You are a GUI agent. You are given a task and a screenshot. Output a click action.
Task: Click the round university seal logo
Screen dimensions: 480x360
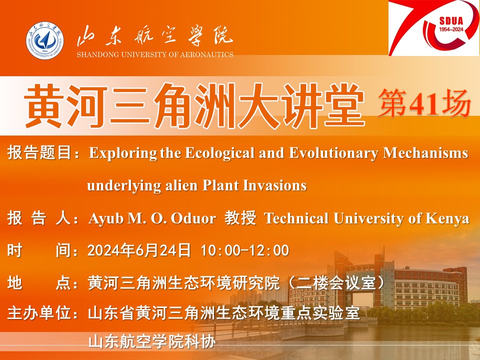tap(44, 40)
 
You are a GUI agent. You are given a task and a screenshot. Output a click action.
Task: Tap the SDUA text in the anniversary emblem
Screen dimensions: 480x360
tap(451, 21)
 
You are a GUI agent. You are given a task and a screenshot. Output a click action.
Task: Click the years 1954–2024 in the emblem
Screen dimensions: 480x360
tap(451, 29)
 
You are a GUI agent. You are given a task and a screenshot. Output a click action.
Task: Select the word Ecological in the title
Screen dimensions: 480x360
tap(220, 153)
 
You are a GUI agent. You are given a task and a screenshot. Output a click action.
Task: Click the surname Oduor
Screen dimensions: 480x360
tap(193, 218)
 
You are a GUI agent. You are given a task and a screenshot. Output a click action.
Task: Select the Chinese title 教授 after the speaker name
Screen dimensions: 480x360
tap(240, 218)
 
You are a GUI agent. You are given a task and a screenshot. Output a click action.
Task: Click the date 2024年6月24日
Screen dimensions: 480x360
tap(139, 250)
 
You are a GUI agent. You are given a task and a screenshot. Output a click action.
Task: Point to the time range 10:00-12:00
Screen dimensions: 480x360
tap(245, 250)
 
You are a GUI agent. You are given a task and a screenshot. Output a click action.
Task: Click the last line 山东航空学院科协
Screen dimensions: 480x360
tap(152, 341)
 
